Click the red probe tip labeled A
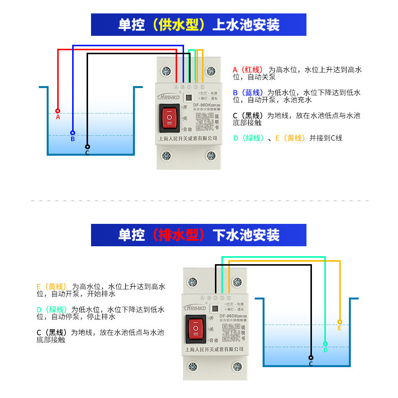point(58,111)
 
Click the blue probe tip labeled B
point(73,133)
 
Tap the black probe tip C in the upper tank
point(88,147)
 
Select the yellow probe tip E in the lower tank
point(340,322)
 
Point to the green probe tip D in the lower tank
point(325,344)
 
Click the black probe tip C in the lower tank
point(311,357)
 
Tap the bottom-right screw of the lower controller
point(236,367)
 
